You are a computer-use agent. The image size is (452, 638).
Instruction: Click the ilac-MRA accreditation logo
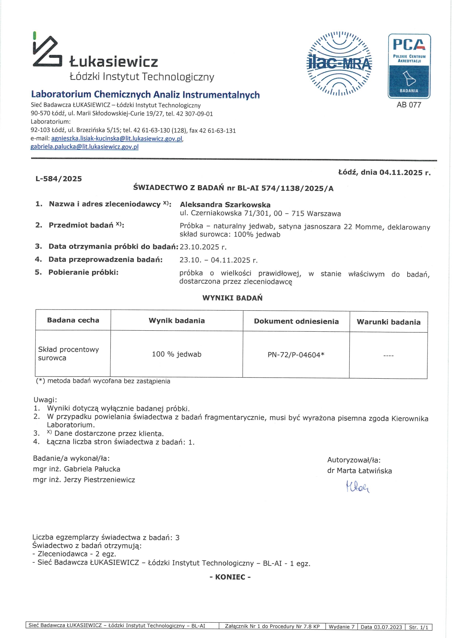[x=339, y=64]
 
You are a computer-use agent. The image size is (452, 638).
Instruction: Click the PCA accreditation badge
[x=409, y=66]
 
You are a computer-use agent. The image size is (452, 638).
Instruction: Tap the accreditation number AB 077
[x=409, y=105]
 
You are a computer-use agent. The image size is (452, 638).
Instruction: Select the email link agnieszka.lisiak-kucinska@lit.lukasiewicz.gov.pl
[x=117, y=139]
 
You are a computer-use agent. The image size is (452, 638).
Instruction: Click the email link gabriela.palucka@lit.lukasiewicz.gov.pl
[x=84, y=147]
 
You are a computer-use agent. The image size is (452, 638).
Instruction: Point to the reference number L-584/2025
[x=59, y=179]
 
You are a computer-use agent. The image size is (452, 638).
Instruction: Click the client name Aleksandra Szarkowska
[x=225, y=205]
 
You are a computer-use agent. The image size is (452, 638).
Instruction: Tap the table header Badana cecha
[x=73, y=320]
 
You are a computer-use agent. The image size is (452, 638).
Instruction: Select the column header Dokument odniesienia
[x=296, y=321]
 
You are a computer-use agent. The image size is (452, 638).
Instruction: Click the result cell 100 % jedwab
[x=177, y=354]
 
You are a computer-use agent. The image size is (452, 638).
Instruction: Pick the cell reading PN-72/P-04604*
[x=296, y=355]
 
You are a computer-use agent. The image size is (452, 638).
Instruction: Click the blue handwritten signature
[x=358, y=486]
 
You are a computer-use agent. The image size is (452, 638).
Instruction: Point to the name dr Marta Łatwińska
[x=359, y=471]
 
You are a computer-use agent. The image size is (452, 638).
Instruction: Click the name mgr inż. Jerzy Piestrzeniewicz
[x=84, y=480]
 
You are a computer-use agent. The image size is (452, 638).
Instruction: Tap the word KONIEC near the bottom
[x=230, y=577]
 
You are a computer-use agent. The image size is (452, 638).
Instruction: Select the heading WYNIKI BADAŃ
[x=232, y=298]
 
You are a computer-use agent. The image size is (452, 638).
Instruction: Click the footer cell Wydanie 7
[x=341, y=627]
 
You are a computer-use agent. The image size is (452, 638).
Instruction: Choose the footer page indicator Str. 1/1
[x=418, y=627]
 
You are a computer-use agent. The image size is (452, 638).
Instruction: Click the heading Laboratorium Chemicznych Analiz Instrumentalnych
[x=145, y=95]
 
